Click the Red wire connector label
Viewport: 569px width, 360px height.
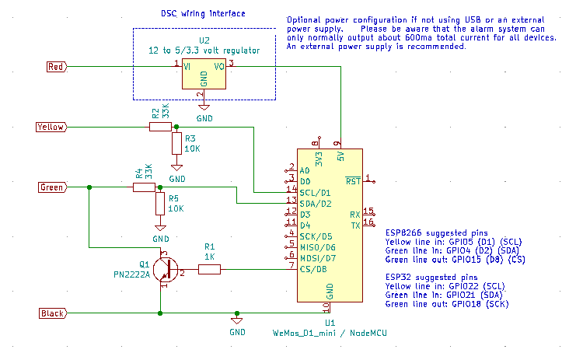coord(56,67)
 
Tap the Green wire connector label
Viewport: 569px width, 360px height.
coord(52,187)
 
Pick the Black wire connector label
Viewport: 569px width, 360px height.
coord(52,313)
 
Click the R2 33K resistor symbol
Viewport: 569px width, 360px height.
coord(161,127)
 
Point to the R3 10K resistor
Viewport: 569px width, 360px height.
coord(176,144)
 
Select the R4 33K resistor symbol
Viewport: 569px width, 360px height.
coord(145,187)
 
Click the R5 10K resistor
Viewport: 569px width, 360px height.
coord(160,204)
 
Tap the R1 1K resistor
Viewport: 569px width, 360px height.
coord(209,269)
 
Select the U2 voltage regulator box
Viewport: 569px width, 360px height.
coord(204,76)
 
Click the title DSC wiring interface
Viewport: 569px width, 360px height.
coord(203,14)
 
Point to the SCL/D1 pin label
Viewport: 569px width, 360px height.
coord(315,192)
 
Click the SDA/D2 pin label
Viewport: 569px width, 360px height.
coord(315,203)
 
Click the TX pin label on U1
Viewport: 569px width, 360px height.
coord(354,225)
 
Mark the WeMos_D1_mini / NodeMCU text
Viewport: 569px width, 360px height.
coord(330,333)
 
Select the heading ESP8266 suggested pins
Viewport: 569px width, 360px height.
coord(435,232)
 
